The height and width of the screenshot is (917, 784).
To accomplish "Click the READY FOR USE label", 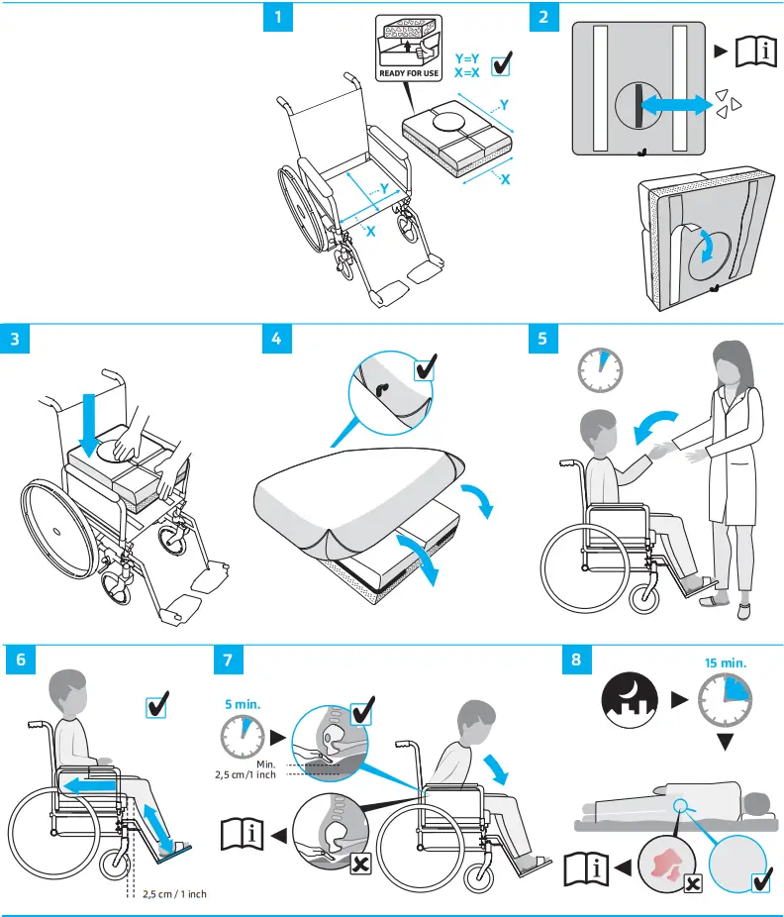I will (409, 73).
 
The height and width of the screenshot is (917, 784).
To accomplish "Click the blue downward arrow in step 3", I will (89, 422).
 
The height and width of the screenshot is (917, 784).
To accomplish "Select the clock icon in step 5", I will (601, 369).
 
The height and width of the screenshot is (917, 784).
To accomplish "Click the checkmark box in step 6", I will (156, 706).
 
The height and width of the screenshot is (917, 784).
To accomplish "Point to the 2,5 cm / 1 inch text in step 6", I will (175, 894).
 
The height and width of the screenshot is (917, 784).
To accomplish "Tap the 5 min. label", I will (242, 704).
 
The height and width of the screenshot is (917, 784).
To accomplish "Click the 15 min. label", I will (725, 662).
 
